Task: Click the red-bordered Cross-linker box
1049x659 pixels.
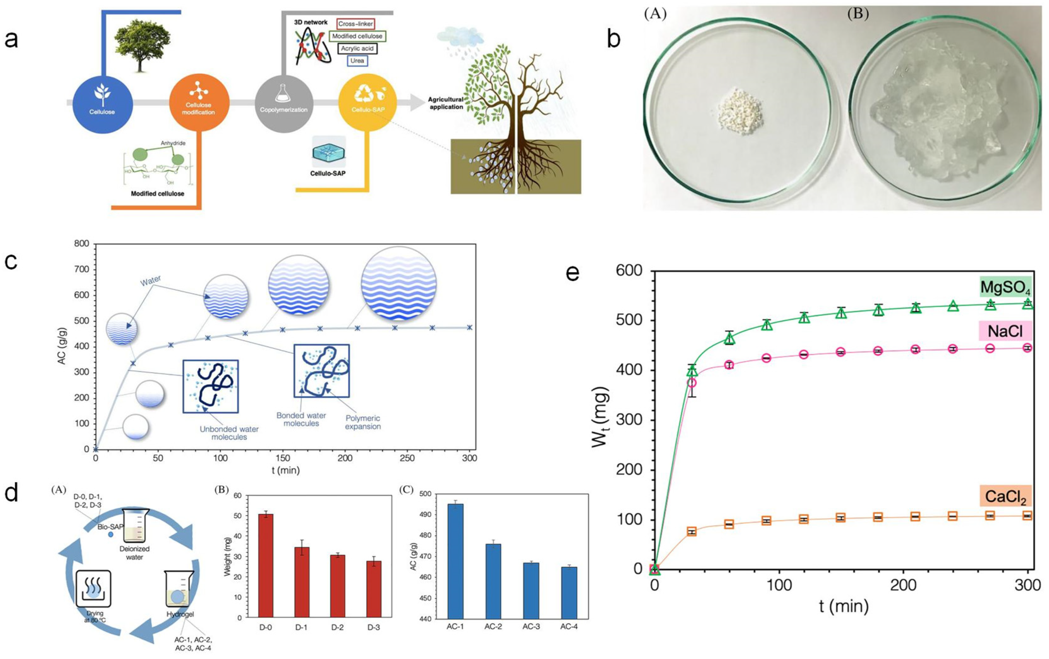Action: [x=355, y=24]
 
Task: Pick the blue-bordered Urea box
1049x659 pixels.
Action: [x=357, y=61]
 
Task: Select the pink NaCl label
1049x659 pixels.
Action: [x=1005, y=331]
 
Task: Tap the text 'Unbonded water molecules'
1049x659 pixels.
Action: [x=229, y=433]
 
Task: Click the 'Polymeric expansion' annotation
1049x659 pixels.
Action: [x=363, y=422]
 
